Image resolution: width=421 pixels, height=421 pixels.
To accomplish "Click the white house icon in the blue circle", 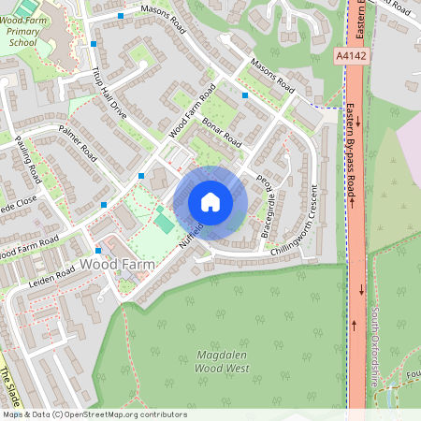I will point(210,202).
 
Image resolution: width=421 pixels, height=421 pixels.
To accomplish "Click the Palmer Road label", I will point(77,139).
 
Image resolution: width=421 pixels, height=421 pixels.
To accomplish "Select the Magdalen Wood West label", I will point(222,362).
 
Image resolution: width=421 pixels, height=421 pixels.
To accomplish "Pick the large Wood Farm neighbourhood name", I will point(116,265).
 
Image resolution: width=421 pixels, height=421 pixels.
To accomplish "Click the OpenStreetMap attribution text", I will point(94,414).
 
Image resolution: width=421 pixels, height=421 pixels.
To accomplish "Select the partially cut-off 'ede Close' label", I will point(19,200).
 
